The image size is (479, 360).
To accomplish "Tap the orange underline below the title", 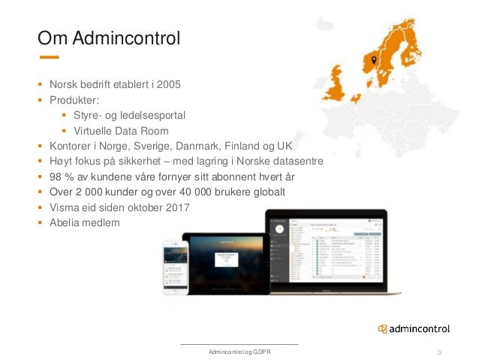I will tap(48, 57).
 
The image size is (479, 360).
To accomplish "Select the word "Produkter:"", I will tap(74, 99).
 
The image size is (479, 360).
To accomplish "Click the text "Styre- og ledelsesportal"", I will tap(129, 115).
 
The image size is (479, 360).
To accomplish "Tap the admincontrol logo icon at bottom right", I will tap(383, 329).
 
